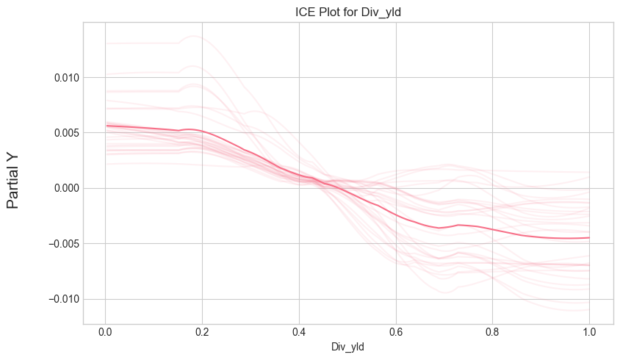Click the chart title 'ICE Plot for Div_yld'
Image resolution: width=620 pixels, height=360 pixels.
point(347,10)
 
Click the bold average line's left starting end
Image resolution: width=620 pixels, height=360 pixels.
point(107,126)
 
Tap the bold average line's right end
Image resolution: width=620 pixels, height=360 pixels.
point(589,237)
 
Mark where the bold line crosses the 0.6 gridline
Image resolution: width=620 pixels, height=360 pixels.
point(396,214)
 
